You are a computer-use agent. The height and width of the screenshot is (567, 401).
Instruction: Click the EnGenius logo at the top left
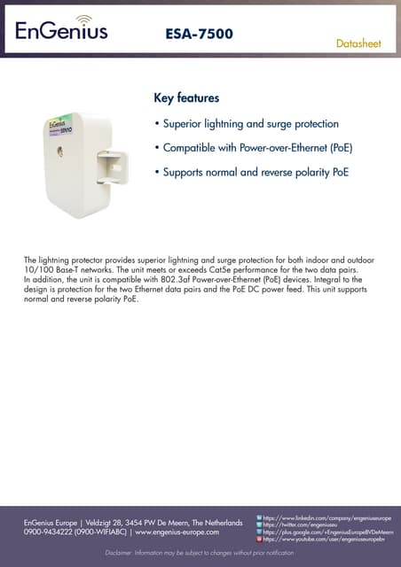61,31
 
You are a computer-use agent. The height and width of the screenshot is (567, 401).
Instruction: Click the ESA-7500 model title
200,35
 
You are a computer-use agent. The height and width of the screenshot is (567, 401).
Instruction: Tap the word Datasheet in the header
362,43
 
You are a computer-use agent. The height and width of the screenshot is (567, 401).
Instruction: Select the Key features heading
186,97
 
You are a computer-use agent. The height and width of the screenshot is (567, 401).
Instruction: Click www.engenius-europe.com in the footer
177,532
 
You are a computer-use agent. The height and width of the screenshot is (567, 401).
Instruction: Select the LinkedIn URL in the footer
327,517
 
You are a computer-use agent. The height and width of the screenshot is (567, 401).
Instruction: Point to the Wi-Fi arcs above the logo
83,18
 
